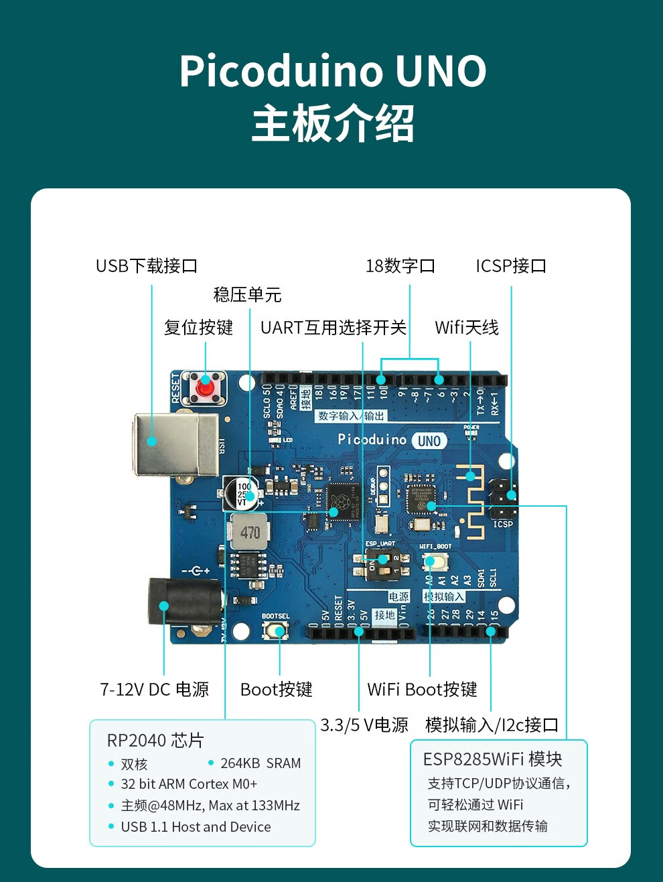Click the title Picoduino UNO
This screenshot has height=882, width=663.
tap(332, 72)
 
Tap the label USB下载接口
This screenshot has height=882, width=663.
tap(147, 266)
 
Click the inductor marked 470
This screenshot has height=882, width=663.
tap(250, 533)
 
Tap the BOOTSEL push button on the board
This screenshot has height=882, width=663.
tap(275, 630)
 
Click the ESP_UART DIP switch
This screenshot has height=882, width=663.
tap(382, 559)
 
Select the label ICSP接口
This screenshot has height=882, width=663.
tap(511, 266)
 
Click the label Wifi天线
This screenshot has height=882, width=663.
tap(467, 328)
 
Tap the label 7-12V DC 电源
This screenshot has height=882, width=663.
tap(155, 690)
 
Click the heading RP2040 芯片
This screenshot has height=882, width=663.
tap(155, 741)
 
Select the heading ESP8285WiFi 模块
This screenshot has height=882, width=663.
tap(492, 759)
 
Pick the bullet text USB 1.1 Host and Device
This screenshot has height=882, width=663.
tap(196, 827)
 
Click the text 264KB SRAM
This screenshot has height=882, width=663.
tap(261, 763)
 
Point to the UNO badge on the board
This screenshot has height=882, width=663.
tap(429, 440)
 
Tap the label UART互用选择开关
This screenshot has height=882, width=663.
tap(334, 328)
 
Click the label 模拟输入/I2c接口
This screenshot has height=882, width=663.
tap(492, 725)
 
